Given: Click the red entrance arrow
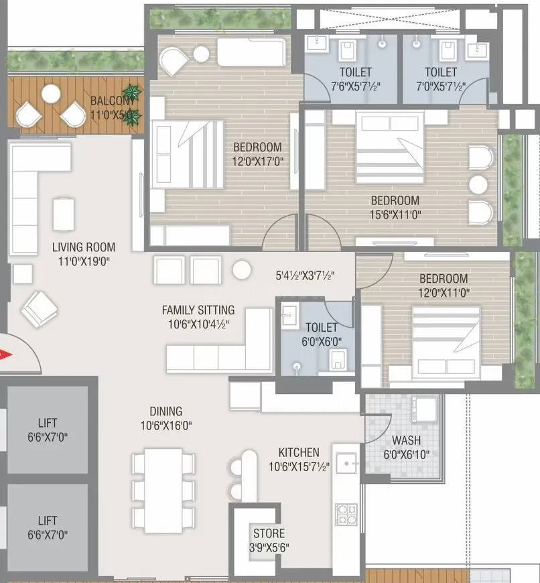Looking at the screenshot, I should point(7,355).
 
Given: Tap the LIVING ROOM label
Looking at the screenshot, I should point(84,247).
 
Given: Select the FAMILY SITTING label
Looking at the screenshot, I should point(198,310).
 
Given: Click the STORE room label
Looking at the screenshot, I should point(269,533).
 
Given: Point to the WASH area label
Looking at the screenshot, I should point(406,441).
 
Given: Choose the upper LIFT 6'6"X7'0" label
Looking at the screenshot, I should point(48,423).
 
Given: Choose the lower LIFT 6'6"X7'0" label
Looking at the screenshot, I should point(48,521).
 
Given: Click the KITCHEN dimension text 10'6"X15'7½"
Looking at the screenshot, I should point(299,466).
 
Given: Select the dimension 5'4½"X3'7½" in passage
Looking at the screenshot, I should point(305,275).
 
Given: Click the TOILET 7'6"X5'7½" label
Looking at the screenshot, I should point(346,72).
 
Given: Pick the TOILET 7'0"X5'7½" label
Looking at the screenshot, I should point(440,72).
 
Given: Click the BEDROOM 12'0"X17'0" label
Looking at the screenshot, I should point(257,147).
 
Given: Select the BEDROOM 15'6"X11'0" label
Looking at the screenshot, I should point(395,200).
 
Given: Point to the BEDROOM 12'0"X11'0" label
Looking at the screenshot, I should point(444,279).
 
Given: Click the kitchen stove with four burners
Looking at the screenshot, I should point(347,515).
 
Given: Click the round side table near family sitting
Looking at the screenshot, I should point(241,269).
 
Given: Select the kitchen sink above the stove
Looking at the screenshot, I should point(348,464).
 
